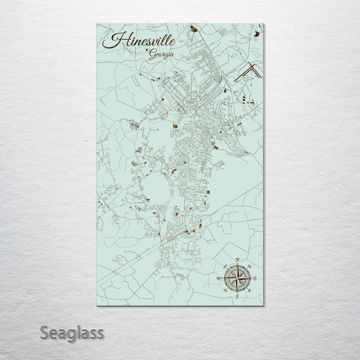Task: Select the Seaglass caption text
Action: point(72,332)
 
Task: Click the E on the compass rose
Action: point(255,278)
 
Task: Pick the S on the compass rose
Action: point(237,297)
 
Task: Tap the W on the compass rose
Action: point(218,278)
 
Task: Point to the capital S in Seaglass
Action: point(45,332)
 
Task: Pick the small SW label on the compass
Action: point(228,288)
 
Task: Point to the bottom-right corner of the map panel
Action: point(262,304)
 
